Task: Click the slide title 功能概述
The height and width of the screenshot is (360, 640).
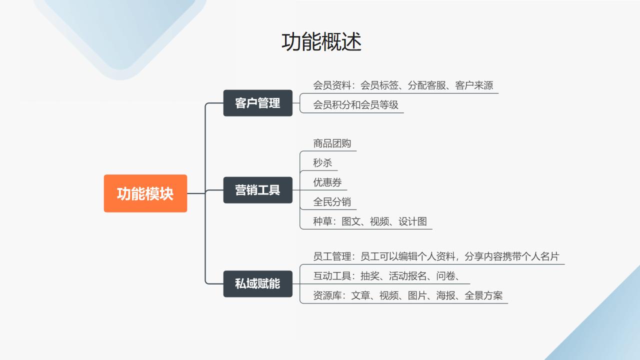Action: (321, 41)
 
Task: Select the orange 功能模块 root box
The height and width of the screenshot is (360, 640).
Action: (145, 193)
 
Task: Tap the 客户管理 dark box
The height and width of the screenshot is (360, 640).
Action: (257, 103)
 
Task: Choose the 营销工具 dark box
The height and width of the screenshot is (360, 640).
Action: (257, 190)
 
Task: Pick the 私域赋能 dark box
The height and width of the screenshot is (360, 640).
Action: (257, 283)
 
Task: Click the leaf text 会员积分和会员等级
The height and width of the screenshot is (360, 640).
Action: (355, 105)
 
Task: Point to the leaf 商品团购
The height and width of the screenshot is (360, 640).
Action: (332, 143)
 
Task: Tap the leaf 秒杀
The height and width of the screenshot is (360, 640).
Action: (322, 163)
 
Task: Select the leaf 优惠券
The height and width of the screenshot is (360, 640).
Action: (327, 182)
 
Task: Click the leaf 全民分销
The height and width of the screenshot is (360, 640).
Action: (332, 201)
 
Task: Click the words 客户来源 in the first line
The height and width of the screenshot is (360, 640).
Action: (474, 85)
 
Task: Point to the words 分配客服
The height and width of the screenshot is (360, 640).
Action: (427, 85)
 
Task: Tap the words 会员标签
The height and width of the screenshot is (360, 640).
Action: (379, 85)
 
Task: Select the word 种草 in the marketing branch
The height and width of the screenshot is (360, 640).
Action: (322, 221)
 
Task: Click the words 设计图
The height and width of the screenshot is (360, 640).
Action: (413, 221)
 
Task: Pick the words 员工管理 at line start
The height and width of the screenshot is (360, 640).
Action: (332, 256)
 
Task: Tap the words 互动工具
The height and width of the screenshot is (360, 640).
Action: (332, 275)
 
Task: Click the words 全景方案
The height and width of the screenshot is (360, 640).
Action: (483, 295)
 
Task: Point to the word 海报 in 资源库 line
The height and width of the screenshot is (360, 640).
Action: (445, 295)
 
